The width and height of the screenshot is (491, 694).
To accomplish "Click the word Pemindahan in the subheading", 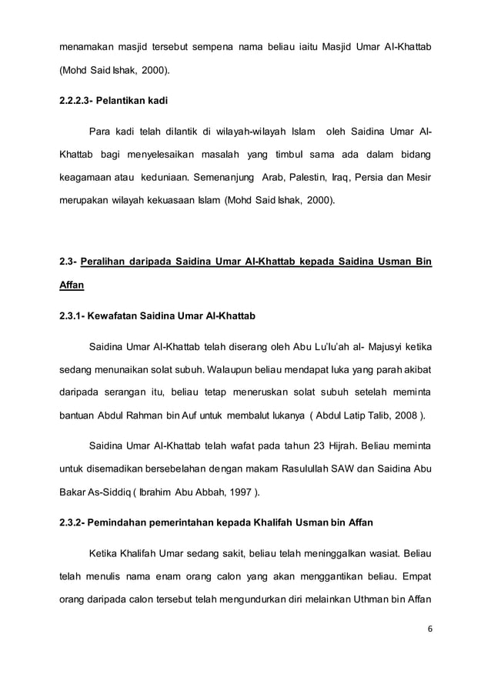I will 122,523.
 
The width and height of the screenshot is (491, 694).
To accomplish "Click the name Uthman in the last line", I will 365,600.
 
